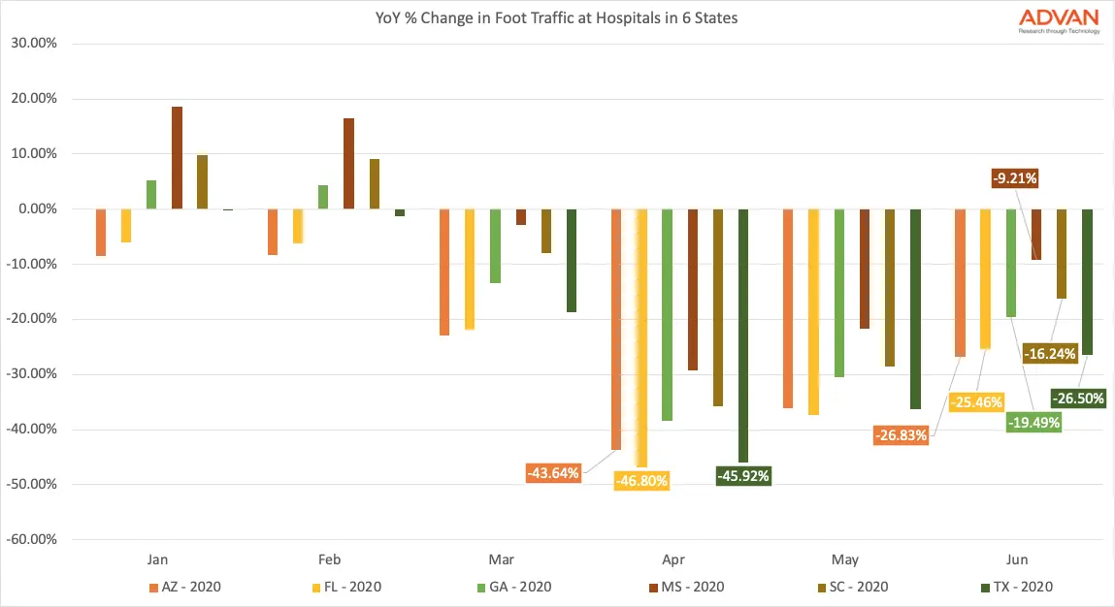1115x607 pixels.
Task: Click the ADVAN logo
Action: (x=1059, y=19)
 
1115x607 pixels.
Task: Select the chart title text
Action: (x=557, y=17)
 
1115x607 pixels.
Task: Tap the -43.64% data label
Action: (x=554, y=473)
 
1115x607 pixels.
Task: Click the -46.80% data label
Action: (x=641, y=480)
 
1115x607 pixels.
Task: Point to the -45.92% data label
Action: (x=743, y=476)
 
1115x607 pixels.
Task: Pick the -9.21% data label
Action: (x=1015, y=178)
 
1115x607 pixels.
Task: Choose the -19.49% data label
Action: (x=1033, y=422)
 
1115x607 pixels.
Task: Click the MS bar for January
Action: (x=177, y=157)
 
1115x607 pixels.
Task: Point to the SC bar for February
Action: (x=375, y=183)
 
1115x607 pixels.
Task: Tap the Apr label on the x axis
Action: (x=673, y=559)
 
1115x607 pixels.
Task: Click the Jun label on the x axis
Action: (x=1017, y=559)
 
